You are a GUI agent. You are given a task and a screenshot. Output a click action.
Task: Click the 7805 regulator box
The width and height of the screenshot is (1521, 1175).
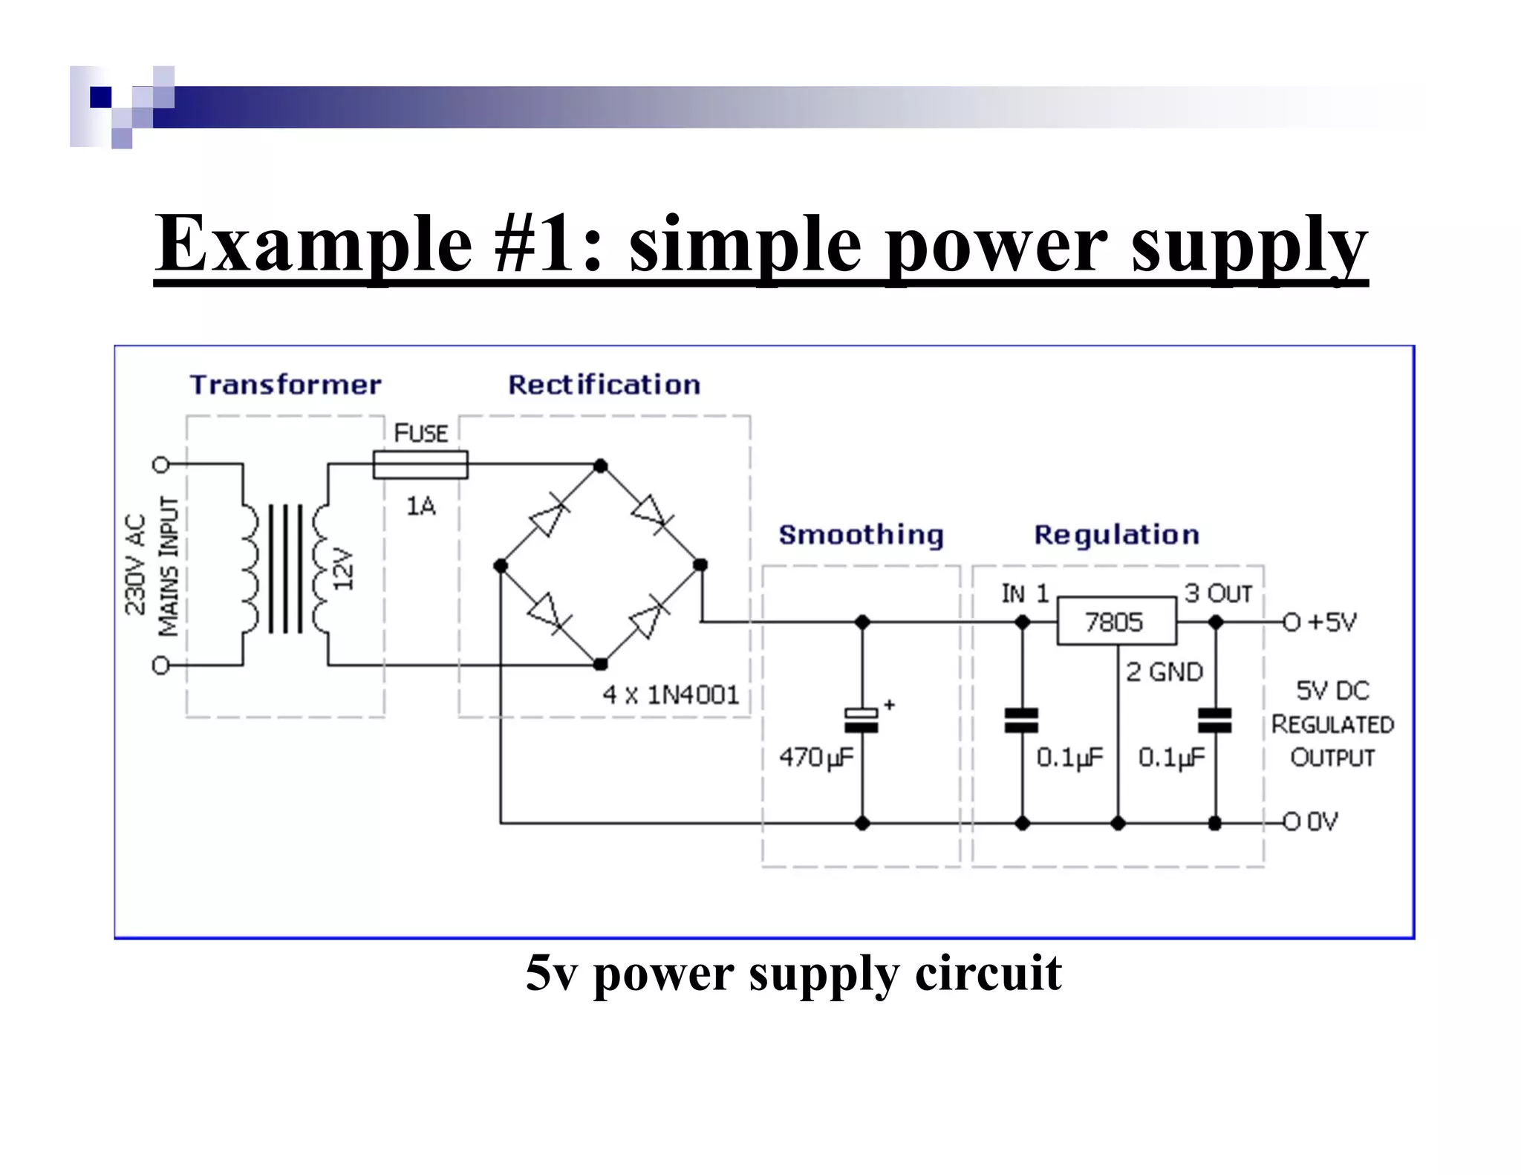[1116, 621]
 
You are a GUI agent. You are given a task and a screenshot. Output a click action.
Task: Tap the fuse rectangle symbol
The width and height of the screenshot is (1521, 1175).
[420, 465]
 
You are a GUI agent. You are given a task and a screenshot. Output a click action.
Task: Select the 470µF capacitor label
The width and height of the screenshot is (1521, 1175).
[815, 758]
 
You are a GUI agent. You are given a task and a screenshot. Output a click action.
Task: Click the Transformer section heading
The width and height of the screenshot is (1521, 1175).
[285, 385]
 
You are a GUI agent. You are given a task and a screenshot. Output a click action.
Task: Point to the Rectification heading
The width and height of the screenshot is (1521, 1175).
[604, 385]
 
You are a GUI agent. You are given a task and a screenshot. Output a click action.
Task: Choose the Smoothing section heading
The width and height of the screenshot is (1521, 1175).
[861, 535]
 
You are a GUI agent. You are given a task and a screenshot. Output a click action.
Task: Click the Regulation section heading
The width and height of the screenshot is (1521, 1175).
[1116, 535]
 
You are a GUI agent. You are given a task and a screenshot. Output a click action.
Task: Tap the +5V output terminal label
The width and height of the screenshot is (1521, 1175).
[1331, 622]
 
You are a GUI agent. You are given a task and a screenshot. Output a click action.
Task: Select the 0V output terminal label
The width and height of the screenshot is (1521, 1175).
[1322, 821]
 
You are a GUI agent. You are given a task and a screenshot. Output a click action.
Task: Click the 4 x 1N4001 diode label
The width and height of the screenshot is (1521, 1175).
[671, 695]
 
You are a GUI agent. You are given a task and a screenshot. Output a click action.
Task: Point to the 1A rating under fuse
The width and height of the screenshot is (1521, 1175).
[420, 507]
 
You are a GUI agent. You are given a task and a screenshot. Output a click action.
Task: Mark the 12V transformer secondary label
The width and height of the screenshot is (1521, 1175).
[342, 569]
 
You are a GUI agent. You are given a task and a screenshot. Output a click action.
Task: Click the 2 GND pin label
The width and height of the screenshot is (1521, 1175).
[1164, 672]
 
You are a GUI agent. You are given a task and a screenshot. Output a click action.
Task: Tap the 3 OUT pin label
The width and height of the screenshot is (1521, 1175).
[1218, 593]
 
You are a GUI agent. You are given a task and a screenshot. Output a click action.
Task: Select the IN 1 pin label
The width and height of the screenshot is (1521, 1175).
[1024, 593]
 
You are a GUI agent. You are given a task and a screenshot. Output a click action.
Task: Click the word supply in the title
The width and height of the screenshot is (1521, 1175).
[1249, 244]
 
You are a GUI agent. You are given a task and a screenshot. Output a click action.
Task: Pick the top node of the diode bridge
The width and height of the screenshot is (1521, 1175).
[601, 466]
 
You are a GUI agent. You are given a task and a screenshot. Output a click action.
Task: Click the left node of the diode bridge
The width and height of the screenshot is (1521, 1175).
[501, 566]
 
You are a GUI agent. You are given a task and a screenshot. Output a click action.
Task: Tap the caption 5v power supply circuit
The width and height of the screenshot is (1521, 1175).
[793, 973]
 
